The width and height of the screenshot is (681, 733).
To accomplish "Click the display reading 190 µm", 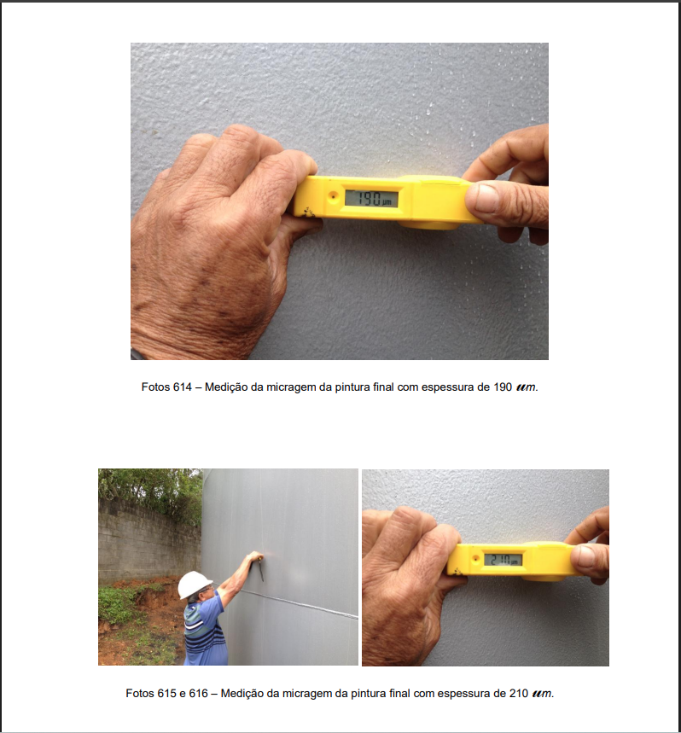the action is [371, 199].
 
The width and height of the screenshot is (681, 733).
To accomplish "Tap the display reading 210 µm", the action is [503, 559].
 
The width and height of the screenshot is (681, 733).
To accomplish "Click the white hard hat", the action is [194, 584].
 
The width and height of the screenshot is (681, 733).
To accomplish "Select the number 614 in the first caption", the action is [183, 387].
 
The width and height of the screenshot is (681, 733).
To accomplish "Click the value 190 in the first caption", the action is [503, 387].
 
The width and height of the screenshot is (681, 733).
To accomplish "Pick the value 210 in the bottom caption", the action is [519, 693].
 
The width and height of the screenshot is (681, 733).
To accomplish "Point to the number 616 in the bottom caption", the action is [198, 693].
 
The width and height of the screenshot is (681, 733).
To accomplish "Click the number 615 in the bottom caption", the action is [167, 693].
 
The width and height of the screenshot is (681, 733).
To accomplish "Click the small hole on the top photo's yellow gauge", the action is [333, 196].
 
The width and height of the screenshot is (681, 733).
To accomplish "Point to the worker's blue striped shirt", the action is [204, 631].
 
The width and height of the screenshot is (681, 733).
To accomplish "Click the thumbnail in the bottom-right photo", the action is [585, 556].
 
